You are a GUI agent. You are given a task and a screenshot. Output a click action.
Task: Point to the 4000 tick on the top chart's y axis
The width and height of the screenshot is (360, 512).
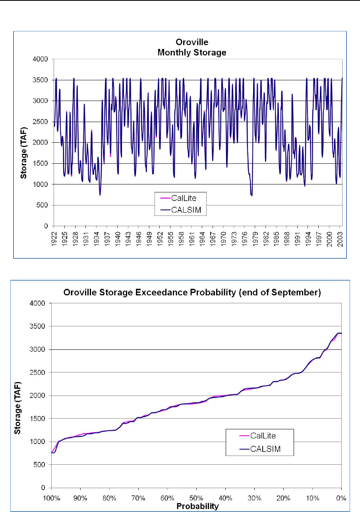pos(41,59)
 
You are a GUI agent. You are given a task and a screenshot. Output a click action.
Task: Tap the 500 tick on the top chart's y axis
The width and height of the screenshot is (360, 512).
pos(43,206)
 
